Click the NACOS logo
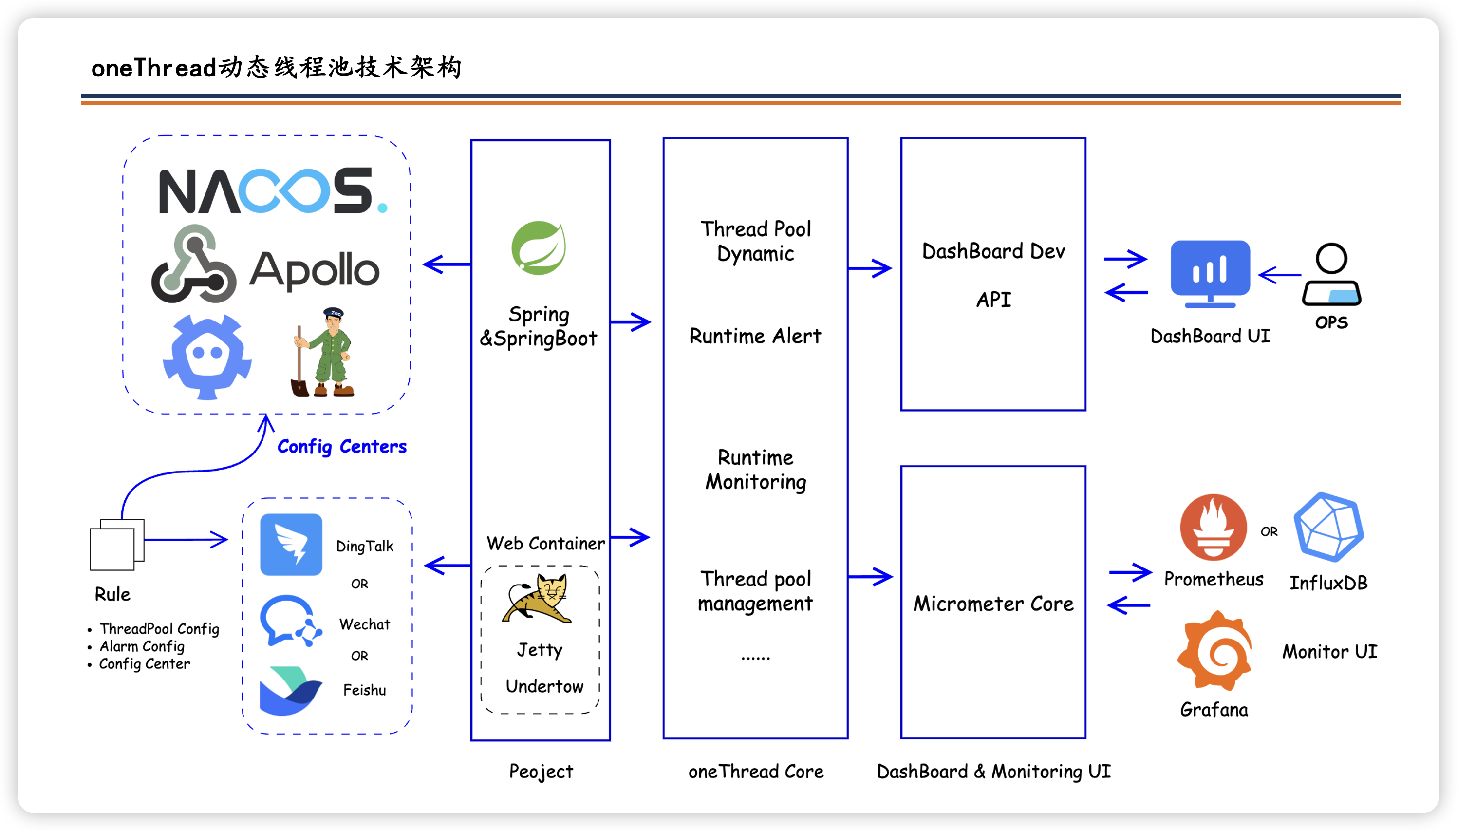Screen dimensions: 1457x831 click(273, 190)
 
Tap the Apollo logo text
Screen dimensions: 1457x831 click(314, 269)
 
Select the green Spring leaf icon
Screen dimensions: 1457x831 click(539, 248)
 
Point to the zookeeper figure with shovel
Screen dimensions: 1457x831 click(323, 352)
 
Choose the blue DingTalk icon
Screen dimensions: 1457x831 click(291, 545)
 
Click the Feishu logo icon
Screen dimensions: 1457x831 click(291, 691)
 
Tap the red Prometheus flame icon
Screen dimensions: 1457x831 click(1213, 528)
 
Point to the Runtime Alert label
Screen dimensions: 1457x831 click(755, 336)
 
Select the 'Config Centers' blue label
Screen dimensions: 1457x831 click(342, 446)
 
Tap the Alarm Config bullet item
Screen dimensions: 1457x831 click(142, 646)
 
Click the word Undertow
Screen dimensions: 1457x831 click(544, 686)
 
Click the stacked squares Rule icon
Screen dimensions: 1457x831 click(117, 545)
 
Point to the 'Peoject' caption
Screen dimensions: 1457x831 click(541, 772)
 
